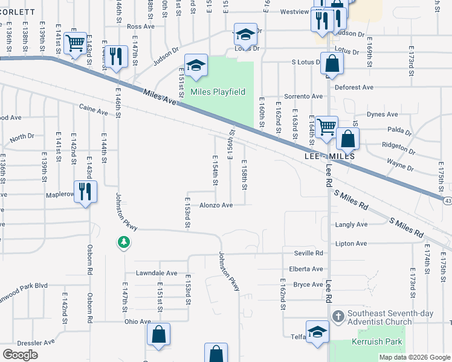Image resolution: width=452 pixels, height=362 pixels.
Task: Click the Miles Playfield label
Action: pyautogui.click(x=218, y=92)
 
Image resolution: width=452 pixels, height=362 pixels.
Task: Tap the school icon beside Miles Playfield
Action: pyautogui.click(x=196, y=65)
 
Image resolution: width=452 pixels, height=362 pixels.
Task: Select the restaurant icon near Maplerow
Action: pyautogui.click(x=85, y=192)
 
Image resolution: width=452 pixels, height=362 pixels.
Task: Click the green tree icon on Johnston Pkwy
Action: pyautogui.click(x=123, y=242)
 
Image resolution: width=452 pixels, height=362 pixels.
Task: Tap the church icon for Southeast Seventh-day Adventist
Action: pyautogui.click(x=337, y=316)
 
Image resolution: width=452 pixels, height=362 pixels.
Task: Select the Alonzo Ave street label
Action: pyautogui.click(x=216, y=205)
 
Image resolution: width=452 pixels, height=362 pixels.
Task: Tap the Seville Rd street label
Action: pyautogui.click(x=309, y=253)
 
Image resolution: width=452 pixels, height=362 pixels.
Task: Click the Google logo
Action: pyautogui.click(x=20, y=354)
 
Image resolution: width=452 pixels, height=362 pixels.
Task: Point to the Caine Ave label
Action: pyautogui.click(x=93, y=111)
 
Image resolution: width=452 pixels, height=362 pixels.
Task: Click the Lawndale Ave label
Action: pyautogui.click(x=156, y=273)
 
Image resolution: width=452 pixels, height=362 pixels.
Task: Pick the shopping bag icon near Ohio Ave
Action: pyautogui.click(x=158, y=334)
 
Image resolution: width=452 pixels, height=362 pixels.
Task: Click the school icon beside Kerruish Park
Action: pyautogui.click(x=317, y=332)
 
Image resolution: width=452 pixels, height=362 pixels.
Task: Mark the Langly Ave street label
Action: pyautogui.click(x=351, y=224)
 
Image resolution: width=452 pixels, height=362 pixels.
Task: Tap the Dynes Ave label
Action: pyautogui.click(x=383, y=114)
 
